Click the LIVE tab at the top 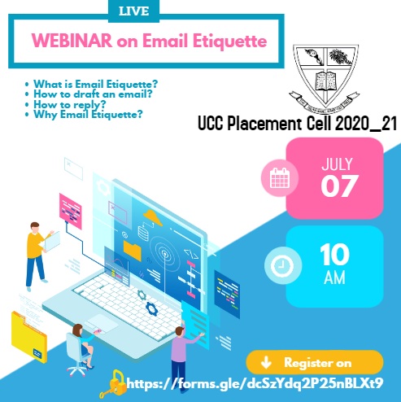134,11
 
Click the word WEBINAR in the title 72,41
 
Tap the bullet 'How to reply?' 69,104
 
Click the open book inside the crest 325,81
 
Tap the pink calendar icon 280,178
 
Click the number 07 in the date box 339,186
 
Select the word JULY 337,164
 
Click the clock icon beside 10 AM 282,265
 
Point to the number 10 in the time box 334,255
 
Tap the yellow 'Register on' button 315,363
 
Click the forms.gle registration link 255,383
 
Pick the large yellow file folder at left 28,336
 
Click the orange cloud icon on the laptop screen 153,217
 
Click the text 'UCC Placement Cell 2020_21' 297,124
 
